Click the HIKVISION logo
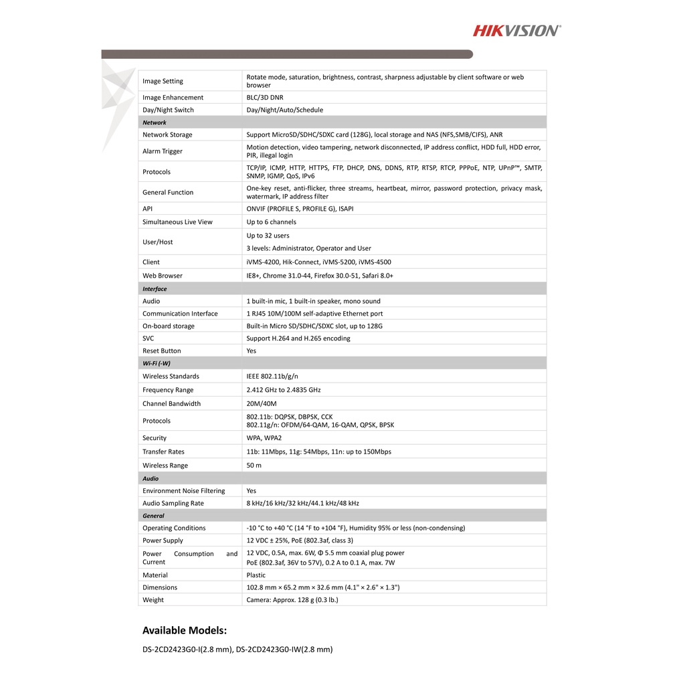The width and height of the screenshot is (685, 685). click(517, 30)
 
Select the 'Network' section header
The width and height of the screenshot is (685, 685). click(155, 122)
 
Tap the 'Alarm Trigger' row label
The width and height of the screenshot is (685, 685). click(163, 151)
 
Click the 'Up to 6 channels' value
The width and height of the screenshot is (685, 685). click(271, 222)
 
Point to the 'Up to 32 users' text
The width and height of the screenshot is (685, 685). click(268, 235)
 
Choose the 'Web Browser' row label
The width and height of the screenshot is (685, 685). click(163, 276)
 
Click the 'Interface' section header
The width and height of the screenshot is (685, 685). click(155, 289)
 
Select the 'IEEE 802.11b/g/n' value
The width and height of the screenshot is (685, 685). click(272, 376)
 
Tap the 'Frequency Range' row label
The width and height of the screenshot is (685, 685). click(168, 390)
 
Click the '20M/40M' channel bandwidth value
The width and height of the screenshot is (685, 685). click(261, 404)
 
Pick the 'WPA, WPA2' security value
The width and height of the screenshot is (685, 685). click(264, 438)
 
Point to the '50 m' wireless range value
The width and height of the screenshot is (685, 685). click(254, 466)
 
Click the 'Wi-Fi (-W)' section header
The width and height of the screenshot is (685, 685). click(157, 363)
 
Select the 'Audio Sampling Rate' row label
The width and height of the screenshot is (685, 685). click(173, 503)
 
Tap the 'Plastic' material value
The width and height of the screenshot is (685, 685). click(256, 575)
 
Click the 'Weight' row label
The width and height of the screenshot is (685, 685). click(153, 600)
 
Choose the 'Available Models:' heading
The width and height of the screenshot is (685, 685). click(185, 630)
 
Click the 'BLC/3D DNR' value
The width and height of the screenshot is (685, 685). click(264, 98)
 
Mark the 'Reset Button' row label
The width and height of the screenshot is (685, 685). click(162, 351)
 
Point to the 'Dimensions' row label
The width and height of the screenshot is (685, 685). click(160, 587)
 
